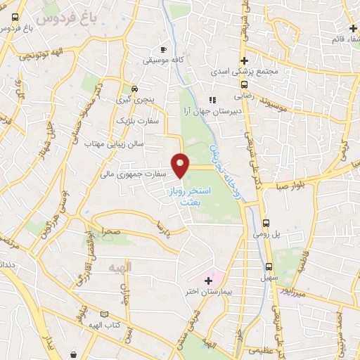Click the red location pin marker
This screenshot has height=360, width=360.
181,165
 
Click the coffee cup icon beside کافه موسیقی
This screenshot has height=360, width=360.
163,50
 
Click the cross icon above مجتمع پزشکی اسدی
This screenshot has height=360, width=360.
244,61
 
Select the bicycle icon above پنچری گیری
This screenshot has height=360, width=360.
134,89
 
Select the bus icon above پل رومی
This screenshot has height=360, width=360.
266,223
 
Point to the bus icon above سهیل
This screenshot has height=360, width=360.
269,267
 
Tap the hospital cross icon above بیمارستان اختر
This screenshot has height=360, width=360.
207,280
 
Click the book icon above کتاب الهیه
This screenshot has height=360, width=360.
104,314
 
